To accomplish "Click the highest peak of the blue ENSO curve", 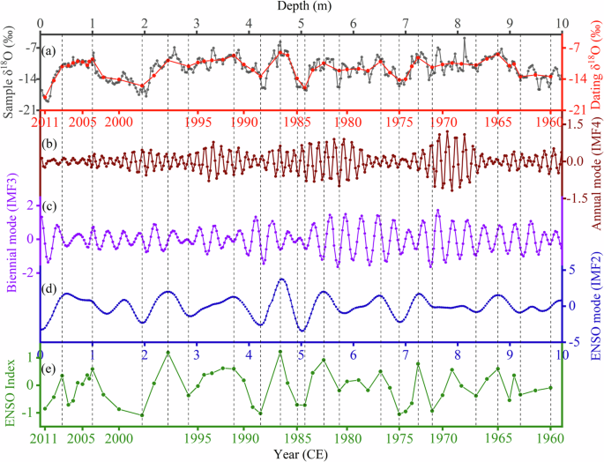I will pyautogui.click(x=281, y=279).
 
